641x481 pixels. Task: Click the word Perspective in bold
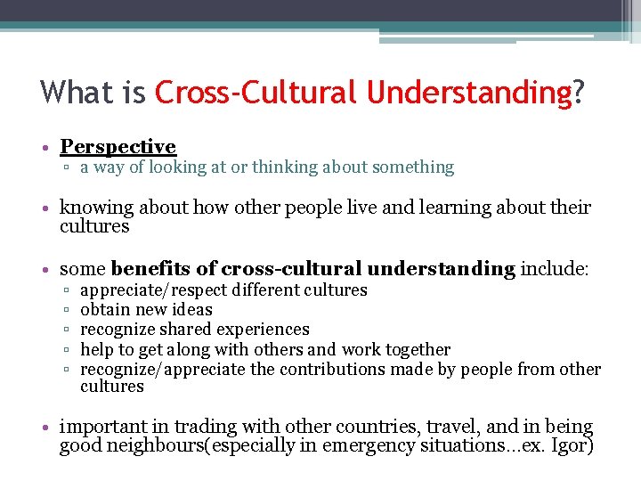[x=118, y=147]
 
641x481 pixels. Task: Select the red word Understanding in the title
[x=467, y=92]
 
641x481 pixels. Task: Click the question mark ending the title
[x=580, y=92]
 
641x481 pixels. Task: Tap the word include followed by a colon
[x=553, y=269]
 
